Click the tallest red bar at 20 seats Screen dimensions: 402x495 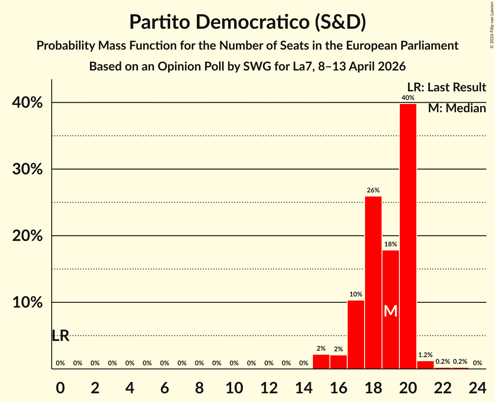[x=408, y=236]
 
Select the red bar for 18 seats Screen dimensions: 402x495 [x=373, y=283]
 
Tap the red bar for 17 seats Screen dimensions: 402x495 [x=355, y=335]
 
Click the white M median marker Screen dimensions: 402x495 [x=391, y=311]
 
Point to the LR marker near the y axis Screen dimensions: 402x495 [x=60, y=335]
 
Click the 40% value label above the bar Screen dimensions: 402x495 [x=408, y=98]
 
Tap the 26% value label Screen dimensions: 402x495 [x=373, y=190]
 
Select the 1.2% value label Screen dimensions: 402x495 [x=425, y=355]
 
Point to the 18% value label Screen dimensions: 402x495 [x=390, y=245]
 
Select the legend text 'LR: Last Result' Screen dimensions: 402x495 [x=446, y=87]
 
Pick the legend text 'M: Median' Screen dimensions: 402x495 [x=457, y=108]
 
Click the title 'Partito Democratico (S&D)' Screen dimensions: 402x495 [x=247, y=22]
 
